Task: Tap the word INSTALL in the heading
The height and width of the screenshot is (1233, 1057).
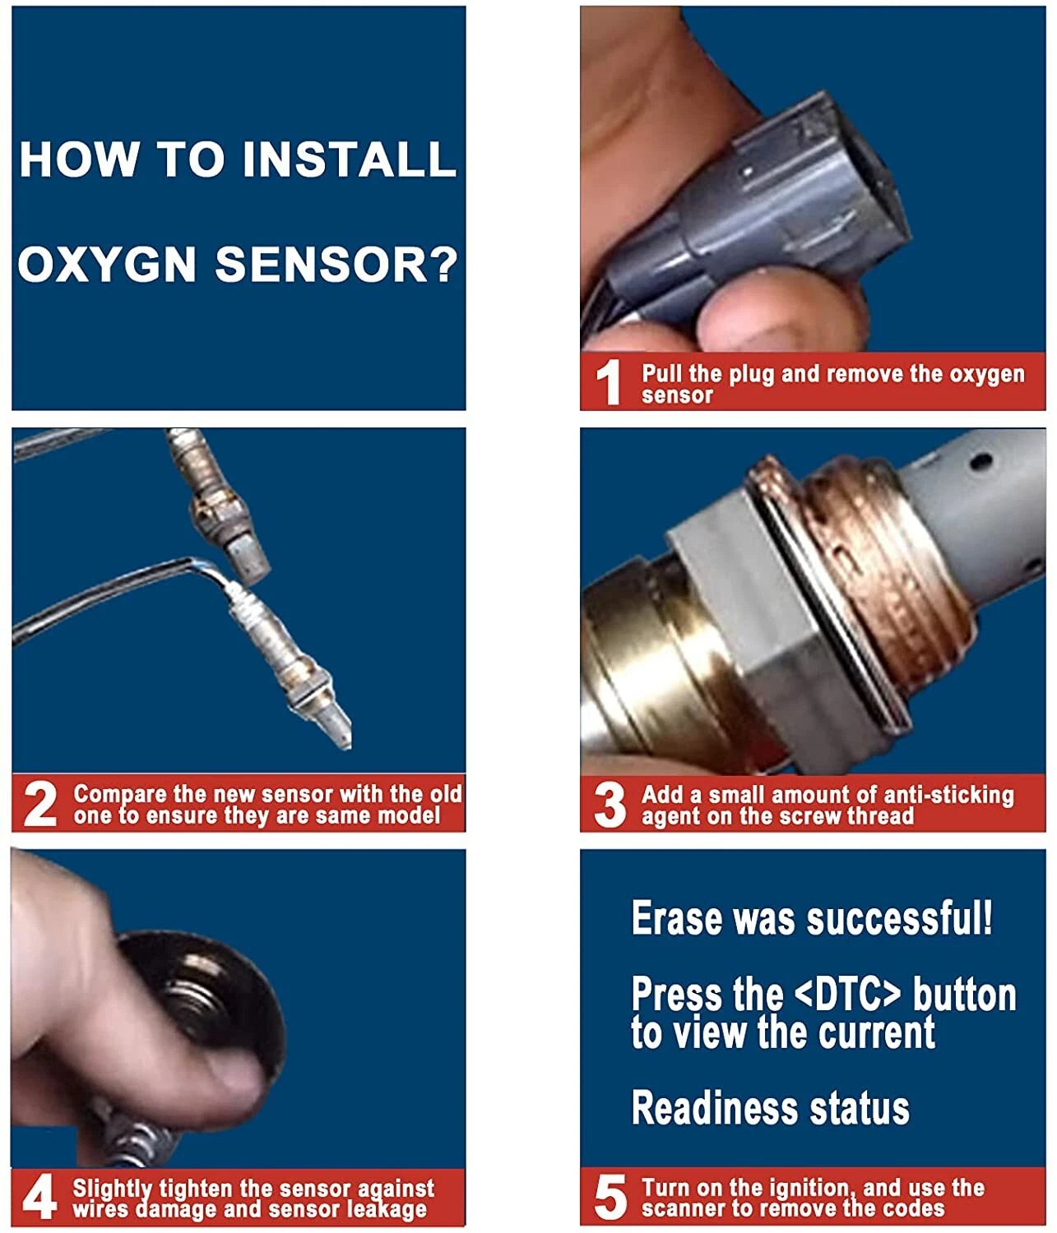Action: tap(350, 159)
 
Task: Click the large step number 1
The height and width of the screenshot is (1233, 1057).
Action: tap(608, 384)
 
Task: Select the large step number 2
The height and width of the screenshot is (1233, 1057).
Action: tap(40, 805)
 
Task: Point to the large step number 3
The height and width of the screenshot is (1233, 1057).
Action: tap(610, 806)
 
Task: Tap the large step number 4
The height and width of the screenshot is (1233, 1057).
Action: tap(39, 1197)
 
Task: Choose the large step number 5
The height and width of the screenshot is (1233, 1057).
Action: tap(610, 1197)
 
